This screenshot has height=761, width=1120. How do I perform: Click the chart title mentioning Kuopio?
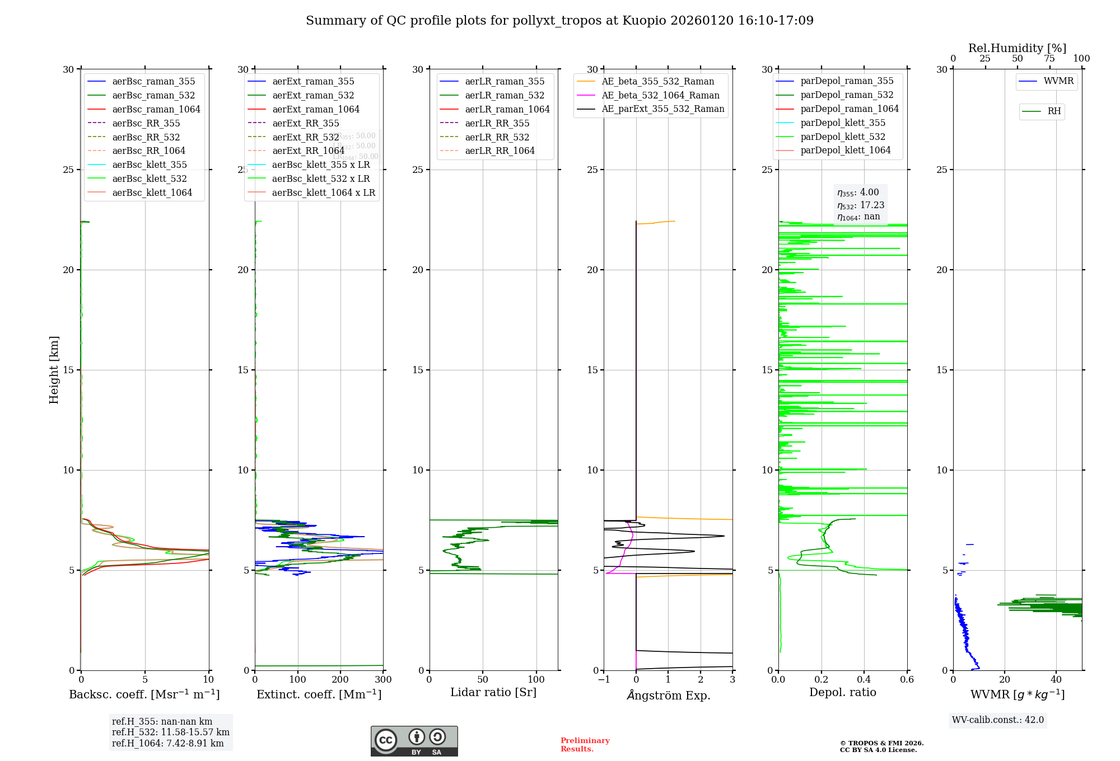click(559, 21)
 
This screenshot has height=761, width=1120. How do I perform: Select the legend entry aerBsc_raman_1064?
click(156, 109)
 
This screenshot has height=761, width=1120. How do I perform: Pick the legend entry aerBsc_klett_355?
click(149, 165)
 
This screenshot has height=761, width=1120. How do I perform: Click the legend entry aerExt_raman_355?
click(313, 82)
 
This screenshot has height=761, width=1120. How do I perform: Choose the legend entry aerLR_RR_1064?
click(500, 151)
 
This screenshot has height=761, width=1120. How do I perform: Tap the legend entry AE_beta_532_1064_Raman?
click(660, 96)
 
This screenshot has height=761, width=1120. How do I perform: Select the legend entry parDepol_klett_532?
click(843, 137)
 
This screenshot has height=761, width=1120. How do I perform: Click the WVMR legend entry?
click(1058, 81)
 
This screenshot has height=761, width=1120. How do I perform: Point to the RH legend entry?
click(1054, 111)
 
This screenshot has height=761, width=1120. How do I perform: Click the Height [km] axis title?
click(54, 369)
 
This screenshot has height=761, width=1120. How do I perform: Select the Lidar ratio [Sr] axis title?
click(493, 693)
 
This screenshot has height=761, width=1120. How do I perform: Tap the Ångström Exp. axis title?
click(669, 695)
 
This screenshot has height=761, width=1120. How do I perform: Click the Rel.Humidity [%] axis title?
click(1017, 48)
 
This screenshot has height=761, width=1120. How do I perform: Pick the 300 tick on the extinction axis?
click(383, 680)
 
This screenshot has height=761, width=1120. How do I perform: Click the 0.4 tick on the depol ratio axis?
click(864, 680)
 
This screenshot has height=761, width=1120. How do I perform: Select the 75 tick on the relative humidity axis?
click(1049, 59)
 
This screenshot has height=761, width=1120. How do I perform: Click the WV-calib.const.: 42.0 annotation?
click(998, 720)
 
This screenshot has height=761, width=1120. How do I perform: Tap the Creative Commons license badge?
click(414, 741)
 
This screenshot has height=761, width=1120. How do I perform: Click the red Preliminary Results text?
click(585, 745)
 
